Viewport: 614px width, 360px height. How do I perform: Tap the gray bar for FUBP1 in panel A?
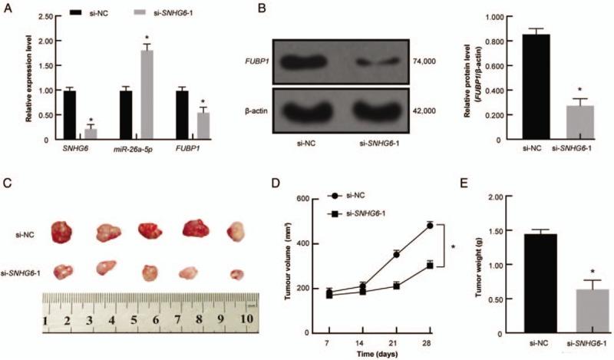click(x=204, y=124)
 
